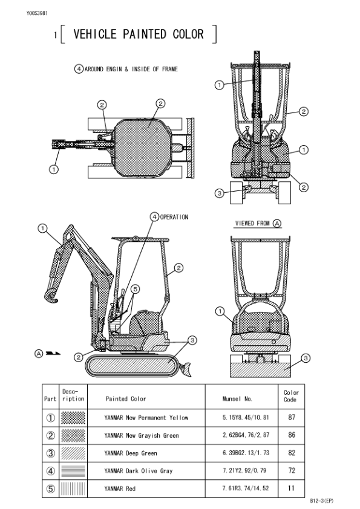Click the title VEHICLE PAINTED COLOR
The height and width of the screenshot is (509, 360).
(x=139, y=34)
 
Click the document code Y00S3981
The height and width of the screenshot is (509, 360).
(x=37, y=13)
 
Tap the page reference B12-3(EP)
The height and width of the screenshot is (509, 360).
(x=321, y=501)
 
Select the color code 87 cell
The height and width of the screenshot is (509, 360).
(x=292, y=417)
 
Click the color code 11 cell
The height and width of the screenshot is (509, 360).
(x=291, y=488)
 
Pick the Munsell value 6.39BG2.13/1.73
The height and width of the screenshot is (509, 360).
(x=246, y=453)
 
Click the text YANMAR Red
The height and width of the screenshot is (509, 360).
(x=120, y=488)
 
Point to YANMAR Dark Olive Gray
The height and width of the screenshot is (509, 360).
(x=139, y=471)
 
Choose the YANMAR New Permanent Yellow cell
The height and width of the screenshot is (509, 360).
(x=146, y=418)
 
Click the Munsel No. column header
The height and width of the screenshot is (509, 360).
(x=237, y=399)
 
